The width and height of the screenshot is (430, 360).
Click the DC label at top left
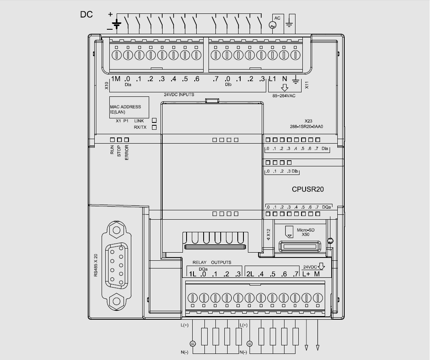click(86, 15)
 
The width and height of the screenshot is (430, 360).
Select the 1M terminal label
click(115, 79)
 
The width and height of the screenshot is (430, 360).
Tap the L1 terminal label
click(272, 79)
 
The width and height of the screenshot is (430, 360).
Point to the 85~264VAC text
click(284, 96)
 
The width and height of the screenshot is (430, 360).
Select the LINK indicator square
click(154, 120)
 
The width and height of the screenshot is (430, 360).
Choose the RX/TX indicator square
click(154, 127)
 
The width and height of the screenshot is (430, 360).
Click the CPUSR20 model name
click(308, 189)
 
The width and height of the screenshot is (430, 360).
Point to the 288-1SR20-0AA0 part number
click(308, 127)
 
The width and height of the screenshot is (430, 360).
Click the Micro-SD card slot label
click(306, 232)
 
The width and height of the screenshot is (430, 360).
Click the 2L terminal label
click(250, 274)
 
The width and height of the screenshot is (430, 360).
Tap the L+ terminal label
click(306, 274)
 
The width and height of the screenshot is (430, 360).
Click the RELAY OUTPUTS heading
click(212, 262)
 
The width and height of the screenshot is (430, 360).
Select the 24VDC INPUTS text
click(179, 95)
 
